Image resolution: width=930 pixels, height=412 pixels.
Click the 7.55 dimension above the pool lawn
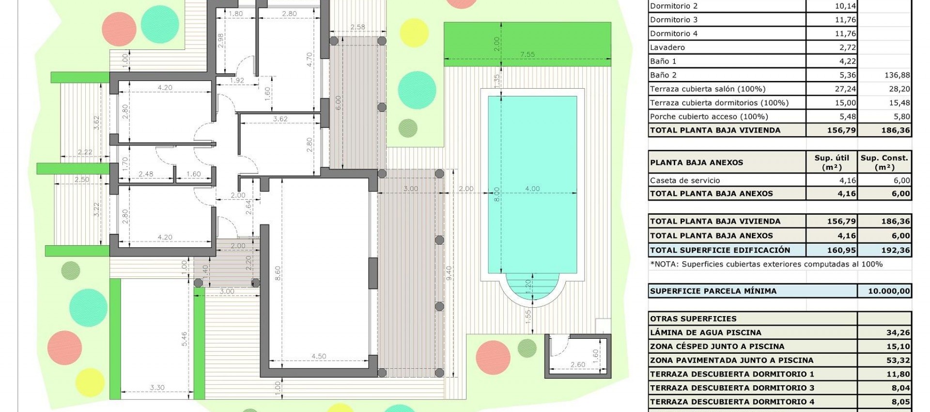point(527,54)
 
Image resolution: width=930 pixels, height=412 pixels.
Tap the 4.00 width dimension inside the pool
point(532,189)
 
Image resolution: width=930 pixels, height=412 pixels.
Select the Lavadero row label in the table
point(667,48)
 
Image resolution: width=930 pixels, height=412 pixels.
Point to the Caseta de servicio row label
point(684,180)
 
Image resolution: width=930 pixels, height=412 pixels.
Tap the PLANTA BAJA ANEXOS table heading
point(696,162)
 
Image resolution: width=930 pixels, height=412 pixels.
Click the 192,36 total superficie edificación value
point(895,250)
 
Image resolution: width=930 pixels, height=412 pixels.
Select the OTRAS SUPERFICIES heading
point(693,319)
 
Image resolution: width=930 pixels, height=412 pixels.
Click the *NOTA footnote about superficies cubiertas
point(766,264)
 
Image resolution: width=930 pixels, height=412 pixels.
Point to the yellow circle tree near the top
point(414,32)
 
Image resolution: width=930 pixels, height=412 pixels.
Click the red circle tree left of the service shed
point(493,358)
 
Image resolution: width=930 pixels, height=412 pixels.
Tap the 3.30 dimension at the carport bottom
point(157,387)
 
